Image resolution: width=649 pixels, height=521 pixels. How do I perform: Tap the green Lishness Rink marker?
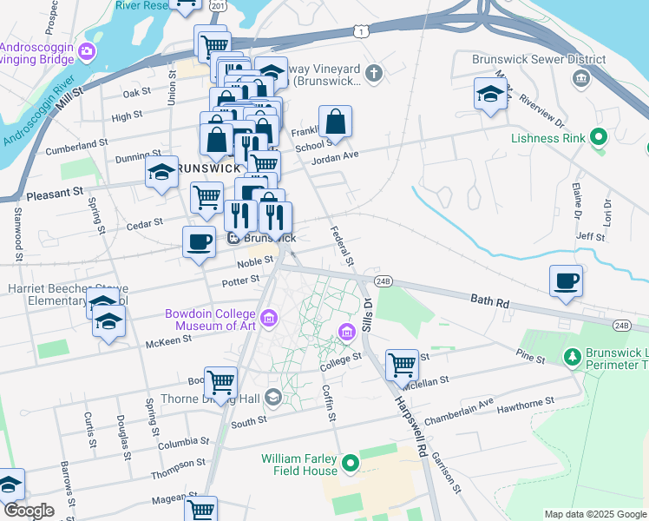click(597, 137)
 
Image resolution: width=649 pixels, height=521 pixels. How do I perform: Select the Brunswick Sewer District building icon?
click(580, 79)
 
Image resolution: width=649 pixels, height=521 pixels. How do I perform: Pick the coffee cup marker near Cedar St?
click(199, 241)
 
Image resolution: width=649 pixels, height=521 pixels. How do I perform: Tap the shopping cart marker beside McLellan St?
click(401, 365)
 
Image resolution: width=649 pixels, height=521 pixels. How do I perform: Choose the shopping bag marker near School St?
click(335, 122)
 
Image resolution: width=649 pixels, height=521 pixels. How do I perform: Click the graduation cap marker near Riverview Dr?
click(490, 94)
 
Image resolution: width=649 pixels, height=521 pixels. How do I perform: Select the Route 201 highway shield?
click(218, 6)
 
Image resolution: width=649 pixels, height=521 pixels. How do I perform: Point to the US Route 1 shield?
click(360, 31)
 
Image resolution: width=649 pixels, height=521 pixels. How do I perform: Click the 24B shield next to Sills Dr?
click(384, 281)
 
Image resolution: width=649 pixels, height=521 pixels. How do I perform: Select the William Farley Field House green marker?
click(351, 465)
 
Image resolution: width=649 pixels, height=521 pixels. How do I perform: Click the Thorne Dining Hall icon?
click(274, 398)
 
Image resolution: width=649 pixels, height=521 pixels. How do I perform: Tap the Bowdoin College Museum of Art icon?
click(269, 319)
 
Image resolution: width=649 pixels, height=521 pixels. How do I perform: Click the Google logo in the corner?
click(29, 511)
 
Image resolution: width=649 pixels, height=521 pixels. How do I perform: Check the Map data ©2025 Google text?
click(594, 514)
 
